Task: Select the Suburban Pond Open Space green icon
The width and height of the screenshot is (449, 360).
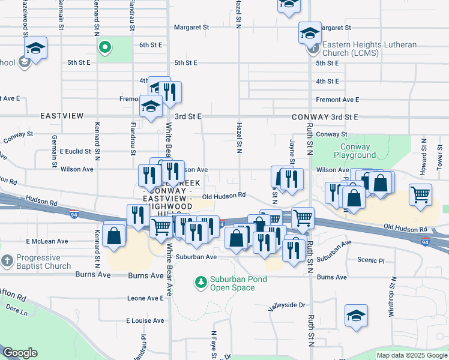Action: [x=201, y=280]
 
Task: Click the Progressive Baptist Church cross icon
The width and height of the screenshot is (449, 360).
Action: [x=7, y=261]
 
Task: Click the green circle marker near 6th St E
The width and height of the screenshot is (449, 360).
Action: [x=104, y=47]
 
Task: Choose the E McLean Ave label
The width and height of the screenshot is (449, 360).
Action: [x=47, y=241]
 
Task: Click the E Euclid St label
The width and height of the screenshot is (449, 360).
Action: [x=71, y=152]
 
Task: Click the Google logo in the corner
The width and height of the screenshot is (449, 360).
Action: [x=20, y=353]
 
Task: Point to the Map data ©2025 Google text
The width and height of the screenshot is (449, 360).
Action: [x=412, y=355]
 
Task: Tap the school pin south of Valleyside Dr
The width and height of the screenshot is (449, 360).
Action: [x=356, y=315]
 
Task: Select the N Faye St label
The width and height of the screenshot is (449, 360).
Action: [x=213, y=342]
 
